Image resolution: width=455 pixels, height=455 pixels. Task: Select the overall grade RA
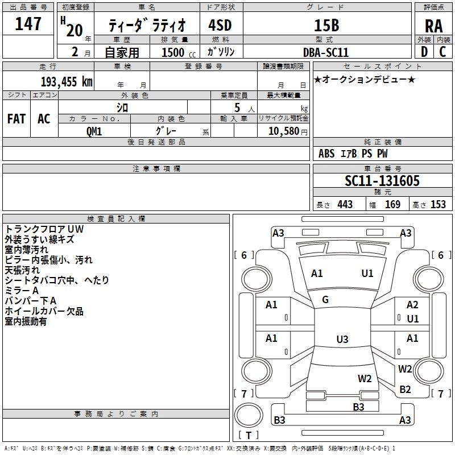433,26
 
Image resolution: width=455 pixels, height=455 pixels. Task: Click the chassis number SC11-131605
382,181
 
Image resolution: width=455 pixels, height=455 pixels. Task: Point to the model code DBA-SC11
326,52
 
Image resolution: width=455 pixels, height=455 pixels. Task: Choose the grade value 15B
326,25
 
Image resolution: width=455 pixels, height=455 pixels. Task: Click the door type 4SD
221,25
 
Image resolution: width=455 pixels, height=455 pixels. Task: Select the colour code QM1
94,130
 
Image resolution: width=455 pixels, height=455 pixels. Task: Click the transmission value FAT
16,118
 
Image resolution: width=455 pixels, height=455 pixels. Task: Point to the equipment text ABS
326,154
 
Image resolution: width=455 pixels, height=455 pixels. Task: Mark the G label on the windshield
325,300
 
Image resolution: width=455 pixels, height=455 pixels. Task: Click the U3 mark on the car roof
342,340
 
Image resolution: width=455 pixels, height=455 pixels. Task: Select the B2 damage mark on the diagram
405,390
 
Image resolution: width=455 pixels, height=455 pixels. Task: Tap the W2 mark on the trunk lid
365,378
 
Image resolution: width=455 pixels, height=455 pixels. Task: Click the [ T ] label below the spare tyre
249,436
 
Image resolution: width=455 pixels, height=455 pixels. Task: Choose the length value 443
345,204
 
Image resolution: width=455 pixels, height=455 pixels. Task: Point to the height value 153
438,204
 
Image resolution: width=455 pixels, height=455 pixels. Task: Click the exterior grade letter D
424,52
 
